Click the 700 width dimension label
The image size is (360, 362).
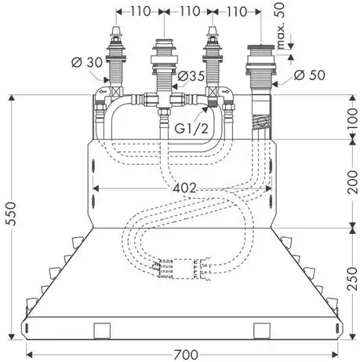pos(186,355)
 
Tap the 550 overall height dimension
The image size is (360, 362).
pos(12,214)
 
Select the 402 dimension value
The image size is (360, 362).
pos(184,188)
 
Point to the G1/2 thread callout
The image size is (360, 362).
pos(191,128)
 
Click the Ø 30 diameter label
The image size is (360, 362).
pos(87,63)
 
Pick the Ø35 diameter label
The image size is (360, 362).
pos(191,76)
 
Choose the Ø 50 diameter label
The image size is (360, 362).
pos(310,75)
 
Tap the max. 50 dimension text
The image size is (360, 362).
pos(280,25)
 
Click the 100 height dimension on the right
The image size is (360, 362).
pos(352,118)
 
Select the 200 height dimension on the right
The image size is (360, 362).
pos(352,182)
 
